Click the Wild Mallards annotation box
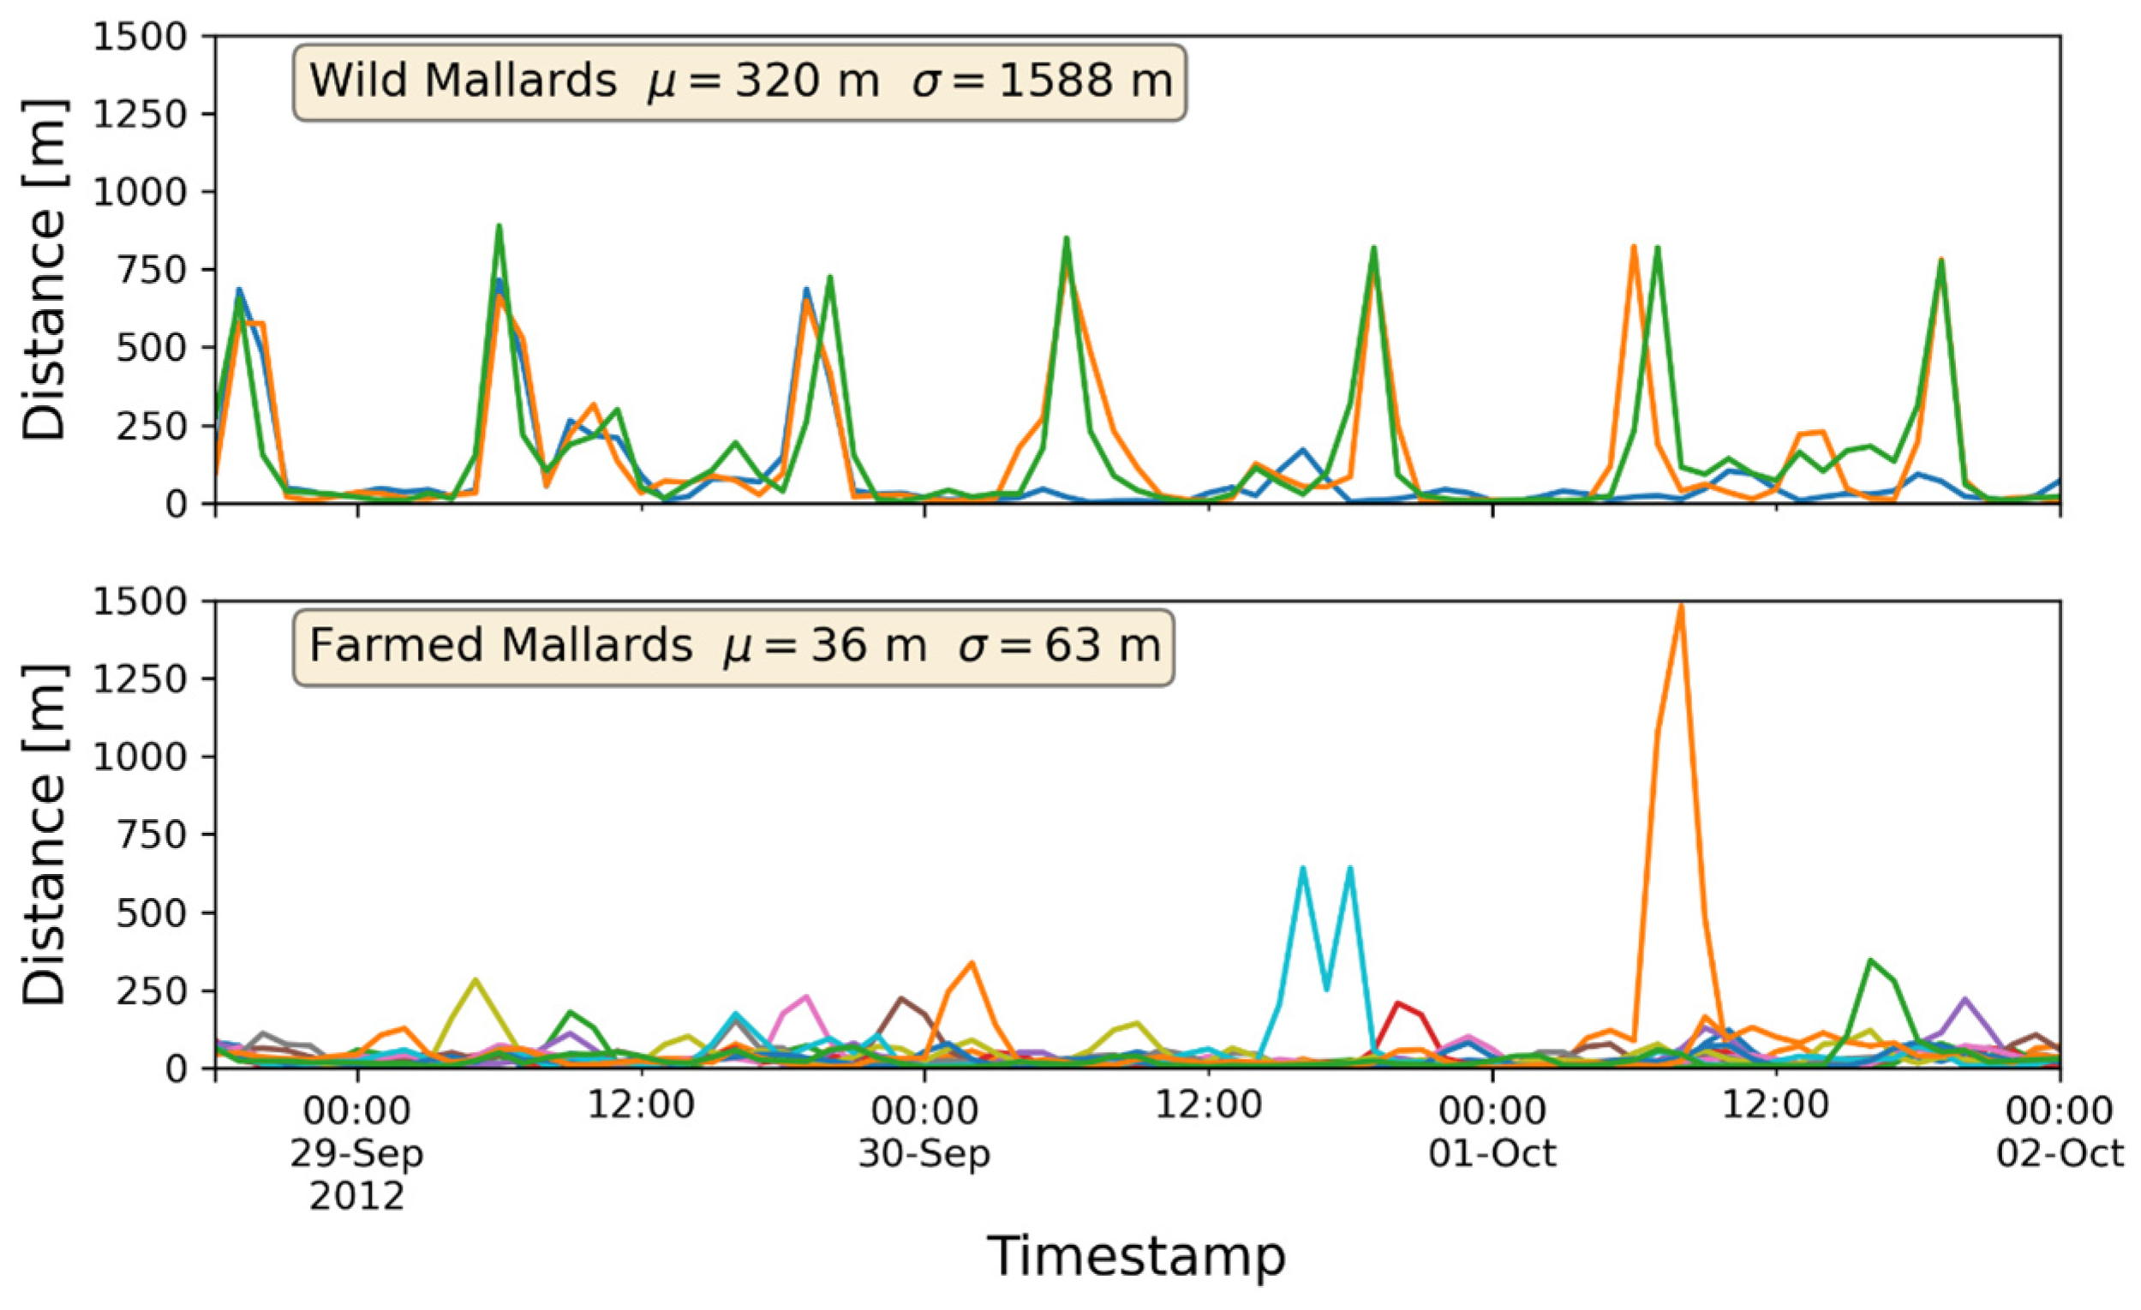pos(739,81)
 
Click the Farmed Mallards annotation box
pos(733,646)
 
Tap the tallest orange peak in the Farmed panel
pos(1680,607)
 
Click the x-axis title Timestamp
pos(1136,1256)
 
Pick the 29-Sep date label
pos(356,1153)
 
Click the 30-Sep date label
pos(924,1153)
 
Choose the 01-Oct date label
pos(1492,1153)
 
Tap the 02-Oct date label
pos(2060,1153)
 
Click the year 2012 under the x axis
pos(356,1196)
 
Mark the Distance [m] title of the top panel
pos(44,269)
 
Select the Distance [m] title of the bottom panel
pos(44,834)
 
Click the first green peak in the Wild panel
pos(499,227)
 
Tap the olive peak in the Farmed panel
pos(475,980)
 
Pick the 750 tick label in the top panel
pos(151,270)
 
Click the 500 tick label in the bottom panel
pos(151,913)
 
